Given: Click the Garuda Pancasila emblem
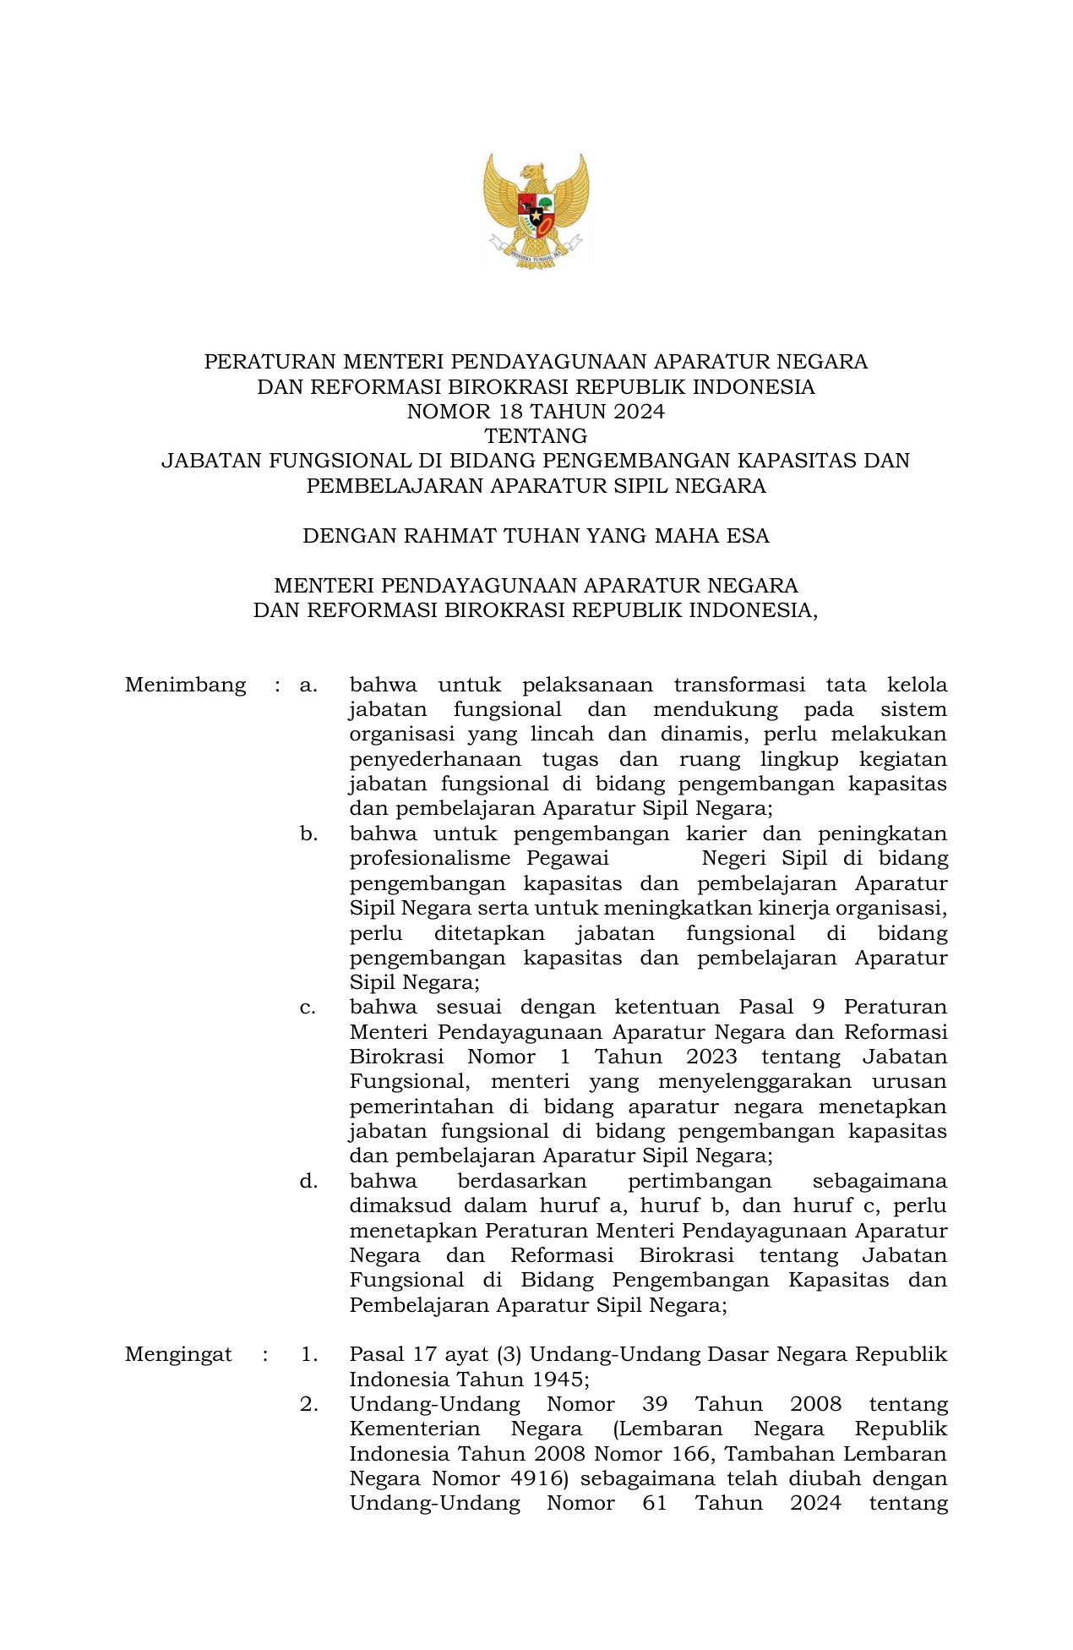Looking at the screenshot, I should coord(536,210).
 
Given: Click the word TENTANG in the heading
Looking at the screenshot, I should coord(536,436).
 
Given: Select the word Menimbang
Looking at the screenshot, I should coord(185,685).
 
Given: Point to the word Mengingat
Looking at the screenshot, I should coord(178,1354).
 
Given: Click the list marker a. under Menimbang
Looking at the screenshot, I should coord(308,685).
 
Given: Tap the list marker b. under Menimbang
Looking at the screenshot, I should coord(308,834).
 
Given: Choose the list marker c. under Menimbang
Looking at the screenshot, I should coord(308,1008).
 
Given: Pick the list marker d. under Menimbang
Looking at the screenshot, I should coord(308,1181).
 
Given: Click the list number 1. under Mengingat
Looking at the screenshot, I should coord(308,1354).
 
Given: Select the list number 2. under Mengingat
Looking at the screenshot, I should coord(308,1404).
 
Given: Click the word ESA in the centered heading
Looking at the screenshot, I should coord(748,536).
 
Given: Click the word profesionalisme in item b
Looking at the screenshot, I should coord(430,859).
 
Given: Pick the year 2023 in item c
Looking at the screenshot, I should coord(711,1057).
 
